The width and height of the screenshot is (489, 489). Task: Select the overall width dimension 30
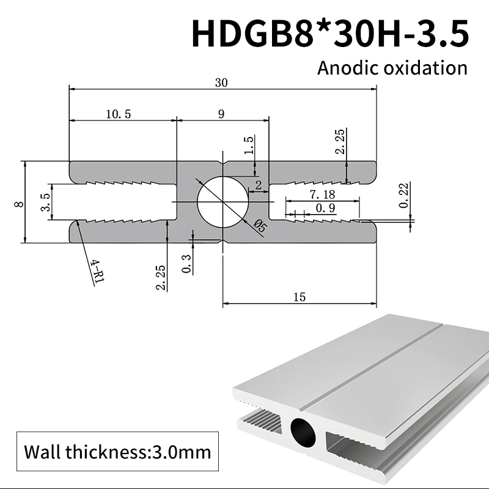point(221,83)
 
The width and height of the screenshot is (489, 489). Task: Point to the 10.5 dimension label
point(118,114)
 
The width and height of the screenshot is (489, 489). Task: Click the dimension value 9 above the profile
point(221,114)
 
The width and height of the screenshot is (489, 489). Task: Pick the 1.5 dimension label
point(249,146)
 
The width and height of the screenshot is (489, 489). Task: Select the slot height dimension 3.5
point(45,202)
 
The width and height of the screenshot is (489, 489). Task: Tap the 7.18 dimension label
point(322,194)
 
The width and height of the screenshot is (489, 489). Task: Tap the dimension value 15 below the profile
point(300,297)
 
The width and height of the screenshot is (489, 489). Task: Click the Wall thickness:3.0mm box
point(117,452)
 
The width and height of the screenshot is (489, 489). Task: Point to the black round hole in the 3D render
point(304,432)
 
